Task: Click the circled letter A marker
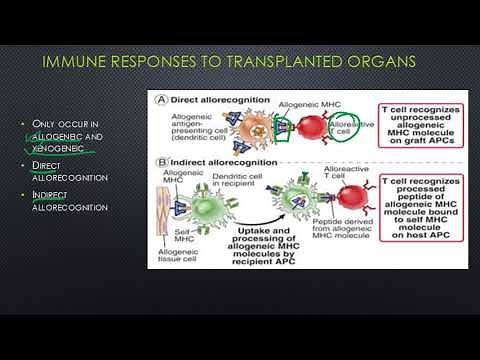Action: (157, 97)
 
